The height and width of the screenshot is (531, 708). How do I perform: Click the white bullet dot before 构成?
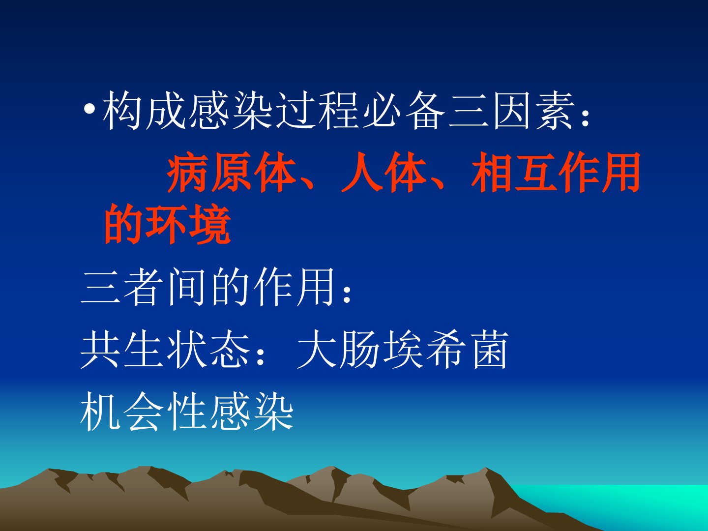[89, 109]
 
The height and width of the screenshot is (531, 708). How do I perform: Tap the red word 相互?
[514, 172]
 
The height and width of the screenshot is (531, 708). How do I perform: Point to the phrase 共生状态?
[166, 349]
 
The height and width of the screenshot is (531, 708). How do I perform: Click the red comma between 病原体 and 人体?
[307, 184]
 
